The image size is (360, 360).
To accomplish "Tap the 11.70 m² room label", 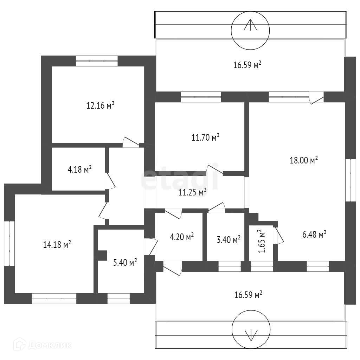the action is [x=205, y=137].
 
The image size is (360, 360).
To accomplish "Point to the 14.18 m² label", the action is [x=57, y=244].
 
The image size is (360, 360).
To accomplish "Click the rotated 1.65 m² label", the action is [x=261, y=241].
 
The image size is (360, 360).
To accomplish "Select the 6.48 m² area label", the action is [x=314, y=234].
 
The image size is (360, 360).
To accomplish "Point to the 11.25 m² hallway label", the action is [x=192, y=192].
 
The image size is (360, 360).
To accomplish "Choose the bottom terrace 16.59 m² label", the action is [x=249, y=295].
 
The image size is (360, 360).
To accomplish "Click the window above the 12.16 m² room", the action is [x=97, y=61].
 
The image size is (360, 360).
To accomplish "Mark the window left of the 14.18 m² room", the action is [x=9, y=244].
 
